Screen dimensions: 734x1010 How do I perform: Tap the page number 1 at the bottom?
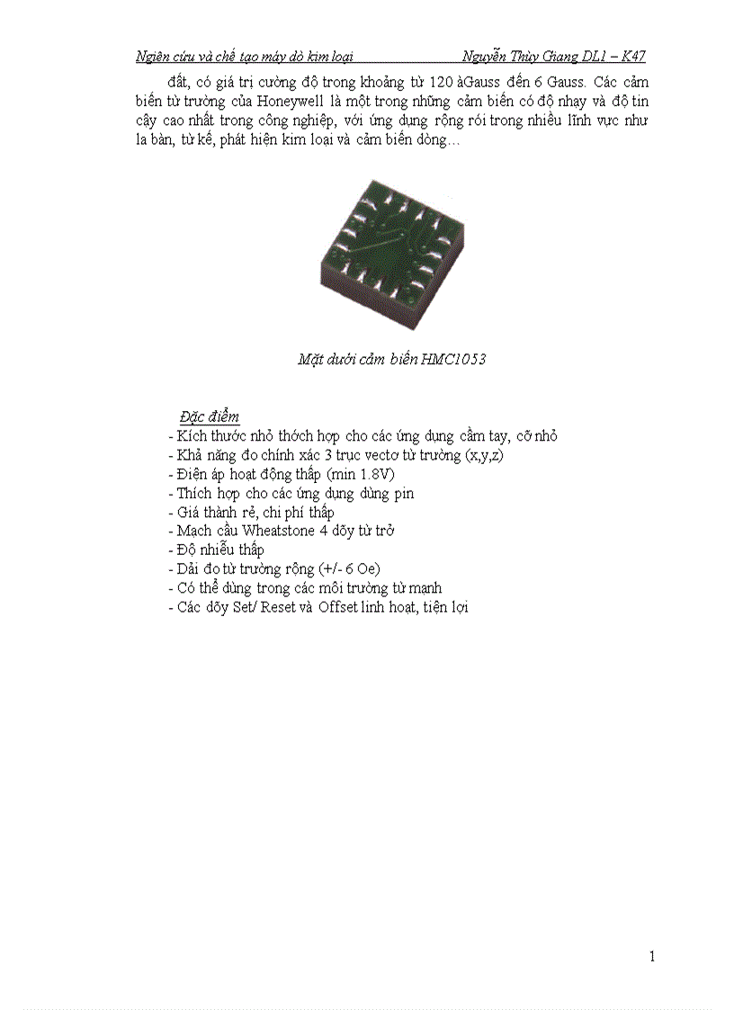pyautogui.click(x=652, y=956)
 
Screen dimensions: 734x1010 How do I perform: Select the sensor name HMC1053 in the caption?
pyautogui.click(x=453, y=360)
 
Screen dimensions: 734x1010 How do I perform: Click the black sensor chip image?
pyautogui.click(x=392, y=253)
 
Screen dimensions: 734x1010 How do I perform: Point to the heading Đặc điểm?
pyautogui.click(x=209, y=416)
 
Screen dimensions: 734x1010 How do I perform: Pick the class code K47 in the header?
pyautogui.click(x=633, y=57)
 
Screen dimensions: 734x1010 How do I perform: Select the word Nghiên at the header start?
pyautogui.click(x=155, y=57)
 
